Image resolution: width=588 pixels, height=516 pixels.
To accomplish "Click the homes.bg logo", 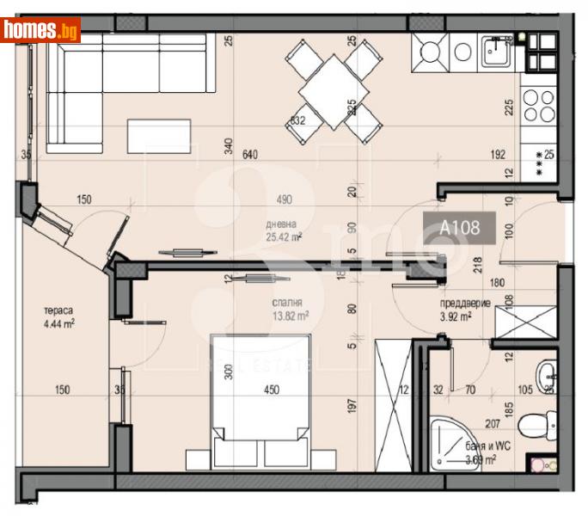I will pos(40,30).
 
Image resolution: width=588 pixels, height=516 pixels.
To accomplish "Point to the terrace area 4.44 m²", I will pos(58,324).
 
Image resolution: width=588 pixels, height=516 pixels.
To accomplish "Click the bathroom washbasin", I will pos(547,374).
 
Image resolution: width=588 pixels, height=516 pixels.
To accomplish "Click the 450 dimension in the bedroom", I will pos(272,390).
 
